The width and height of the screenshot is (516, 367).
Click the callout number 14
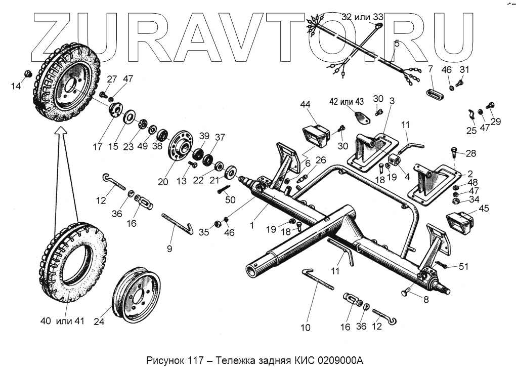point(16,87)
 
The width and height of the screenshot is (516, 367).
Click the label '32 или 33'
point(363,17)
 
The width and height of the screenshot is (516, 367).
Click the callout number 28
point(470,153)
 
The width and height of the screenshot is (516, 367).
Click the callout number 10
point(306,328)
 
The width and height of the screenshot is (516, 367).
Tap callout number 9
point(169,249)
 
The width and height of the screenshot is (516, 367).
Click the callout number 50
point(230,200)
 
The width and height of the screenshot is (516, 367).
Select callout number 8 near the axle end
point(425,299)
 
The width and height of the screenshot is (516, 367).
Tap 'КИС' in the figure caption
point(300,361)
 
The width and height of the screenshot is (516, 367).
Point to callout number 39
point(204,136)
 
